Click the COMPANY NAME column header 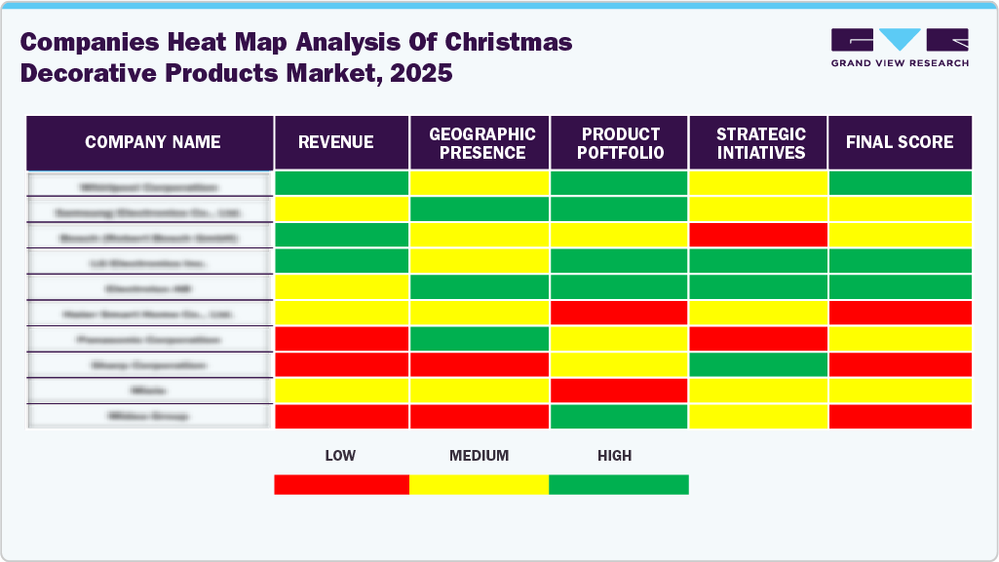[152, 142]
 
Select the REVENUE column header [335, 142]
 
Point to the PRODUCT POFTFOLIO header [621, 143]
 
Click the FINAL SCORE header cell [900, 142]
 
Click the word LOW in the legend [340, 455]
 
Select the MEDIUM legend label [479, 455]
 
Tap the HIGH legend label [615, 455]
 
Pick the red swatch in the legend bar [341, 484]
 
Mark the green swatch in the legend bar [619, 484]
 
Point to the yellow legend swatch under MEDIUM [479, 484]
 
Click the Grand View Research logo [900, 48]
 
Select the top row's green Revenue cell [341, 183]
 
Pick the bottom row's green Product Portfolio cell [620, 416]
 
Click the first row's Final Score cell [900, 183]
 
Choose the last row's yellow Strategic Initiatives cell [758, 416]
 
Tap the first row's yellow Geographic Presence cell [480, 183]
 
